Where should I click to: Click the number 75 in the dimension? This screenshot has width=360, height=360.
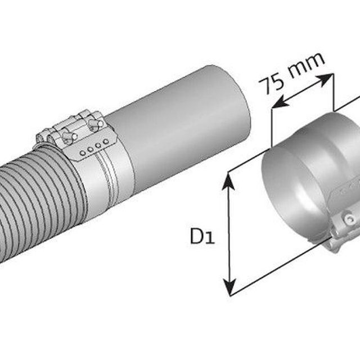tap(271, 83)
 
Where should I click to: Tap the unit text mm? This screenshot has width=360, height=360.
tap(307, 66)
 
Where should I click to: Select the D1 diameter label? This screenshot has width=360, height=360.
tap(202, 236)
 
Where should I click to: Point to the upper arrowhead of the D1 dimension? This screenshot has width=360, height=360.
tap(229, 181)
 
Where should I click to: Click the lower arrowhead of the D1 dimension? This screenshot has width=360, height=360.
tap(229, 287)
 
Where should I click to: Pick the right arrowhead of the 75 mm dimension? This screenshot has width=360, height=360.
tap(325, 80)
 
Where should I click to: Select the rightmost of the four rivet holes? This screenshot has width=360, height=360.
tap(106, 141)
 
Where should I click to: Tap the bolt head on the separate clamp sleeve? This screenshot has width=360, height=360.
tap(349, 218)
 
